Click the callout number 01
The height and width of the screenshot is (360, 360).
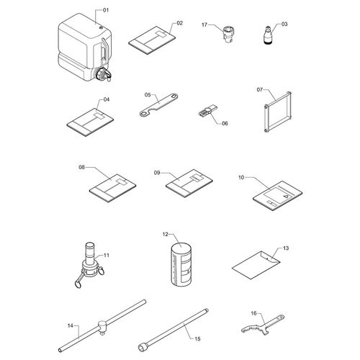click(106, 10)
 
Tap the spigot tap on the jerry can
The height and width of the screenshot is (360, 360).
click(104, 74)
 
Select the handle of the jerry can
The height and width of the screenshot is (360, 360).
click(104, 50)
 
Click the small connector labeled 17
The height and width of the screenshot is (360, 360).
click(228, 35)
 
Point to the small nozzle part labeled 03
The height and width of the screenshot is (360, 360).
click(267, 35)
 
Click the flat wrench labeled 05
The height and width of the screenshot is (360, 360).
click(158, 104)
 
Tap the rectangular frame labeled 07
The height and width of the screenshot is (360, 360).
click(278, 112)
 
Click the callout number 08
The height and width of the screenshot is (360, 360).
click(82, 167)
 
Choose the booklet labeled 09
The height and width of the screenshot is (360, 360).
click(189, 183)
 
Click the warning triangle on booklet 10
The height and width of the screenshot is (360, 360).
click(285, 196)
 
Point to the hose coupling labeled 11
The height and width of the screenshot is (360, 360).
click(89, 264)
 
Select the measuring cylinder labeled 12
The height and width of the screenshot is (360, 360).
click(181, 264)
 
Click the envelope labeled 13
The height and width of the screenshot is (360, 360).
click(256, 265)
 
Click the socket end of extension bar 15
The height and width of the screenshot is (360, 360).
click(142, 347)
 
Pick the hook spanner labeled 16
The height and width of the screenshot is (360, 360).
click(263, 325)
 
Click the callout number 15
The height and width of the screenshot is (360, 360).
click(197, 338)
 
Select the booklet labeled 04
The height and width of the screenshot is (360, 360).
click(90, 122)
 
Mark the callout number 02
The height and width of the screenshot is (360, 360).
click(179, 23)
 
